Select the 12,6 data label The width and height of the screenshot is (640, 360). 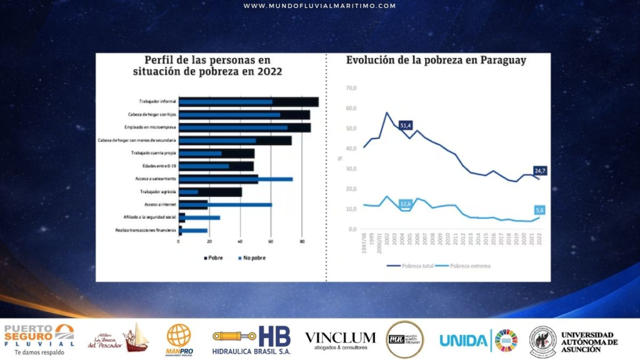pos(406,204)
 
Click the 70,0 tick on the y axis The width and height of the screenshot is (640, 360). pos(350,88)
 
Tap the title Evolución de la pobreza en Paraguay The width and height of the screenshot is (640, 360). pos(436,61)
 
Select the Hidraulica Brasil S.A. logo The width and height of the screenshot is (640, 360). pos(251,339)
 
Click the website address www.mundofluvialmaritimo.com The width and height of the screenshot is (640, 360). pos(319,6)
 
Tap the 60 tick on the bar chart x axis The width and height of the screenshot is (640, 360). pos(271,241)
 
